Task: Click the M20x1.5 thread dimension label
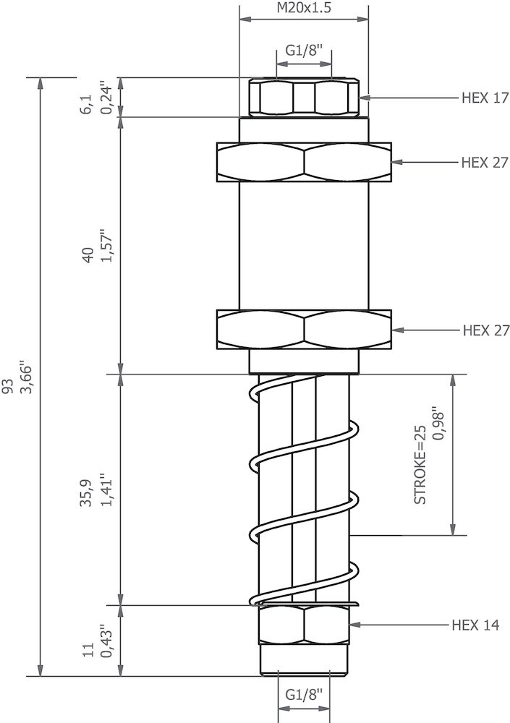tap(304, 9)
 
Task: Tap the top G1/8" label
tap(304, 51)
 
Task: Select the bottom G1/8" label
tap(304, 695)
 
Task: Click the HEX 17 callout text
tap(485, 98)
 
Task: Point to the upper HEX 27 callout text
tap(485, 162)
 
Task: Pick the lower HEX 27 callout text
tap(485, 330)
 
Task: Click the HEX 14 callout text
tap(475, 625)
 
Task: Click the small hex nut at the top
tap(304, 98)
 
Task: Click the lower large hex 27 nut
tap(304, 330)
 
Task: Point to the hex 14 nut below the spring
tap(304, 625)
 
